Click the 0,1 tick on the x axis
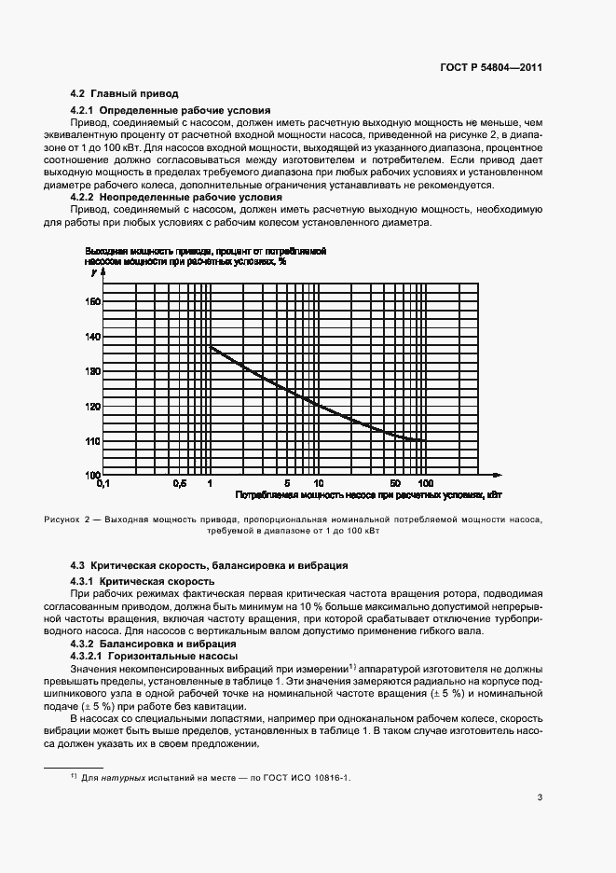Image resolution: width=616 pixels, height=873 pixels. (x=103, y=483)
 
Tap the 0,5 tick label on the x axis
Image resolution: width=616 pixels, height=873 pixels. (x=180, y=483)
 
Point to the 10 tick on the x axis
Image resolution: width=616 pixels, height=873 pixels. (x=318, y=483)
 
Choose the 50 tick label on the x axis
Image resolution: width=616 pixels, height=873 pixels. (x=395, y=483)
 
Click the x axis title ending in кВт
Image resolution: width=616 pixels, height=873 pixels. (x=368, y=495)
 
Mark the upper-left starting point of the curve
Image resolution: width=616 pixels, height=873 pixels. (x=211, y=347)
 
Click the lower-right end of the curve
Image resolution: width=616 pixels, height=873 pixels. (x=425, y=439)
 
